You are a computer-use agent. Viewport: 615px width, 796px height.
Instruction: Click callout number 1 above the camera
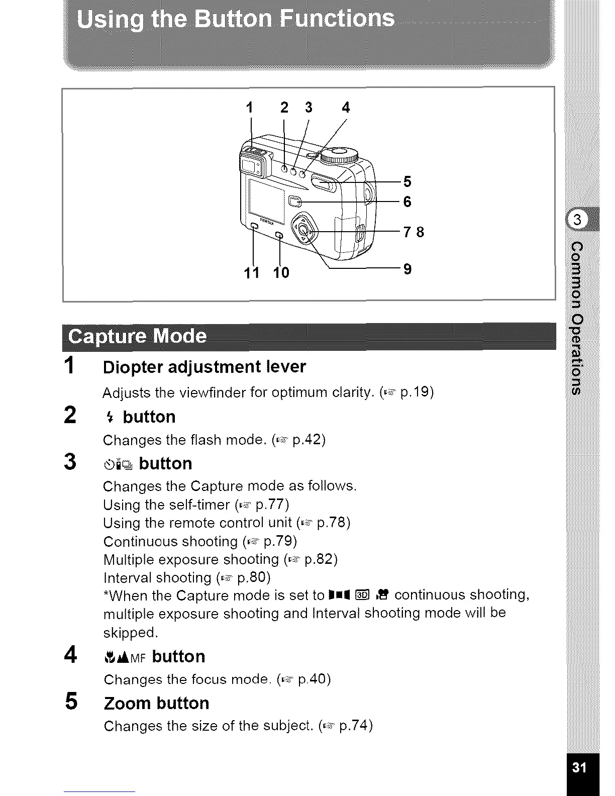click(x=250, y=108)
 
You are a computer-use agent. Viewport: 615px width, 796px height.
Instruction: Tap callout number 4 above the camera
click(x=346, y=108)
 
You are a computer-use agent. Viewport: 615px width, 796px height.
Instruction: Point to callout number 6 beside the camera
click(x=407, y=202)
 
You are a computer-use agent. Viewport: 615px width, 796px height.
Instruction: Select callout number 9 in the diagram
click(x=407, y=269)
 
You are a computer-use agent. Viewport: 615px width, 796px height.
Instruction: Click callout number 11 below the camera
click(x=252, y=272)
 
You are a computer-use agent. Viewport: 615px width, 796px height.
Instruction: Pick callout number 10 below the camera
click(x=281, y=272)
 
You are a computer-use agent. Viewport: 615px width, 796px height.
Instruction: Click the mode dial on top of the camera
click(x=339, y=154)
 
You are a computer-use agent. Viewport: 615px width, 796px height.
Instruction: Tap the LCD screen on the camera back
click(x=266, y=198)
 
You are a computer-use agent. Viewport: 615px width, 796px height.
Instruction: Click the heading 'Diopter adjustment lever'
click(x=204, y=367)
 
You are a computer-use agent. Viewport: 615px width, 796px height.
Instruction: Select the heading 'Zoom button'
click(x=156, y=703)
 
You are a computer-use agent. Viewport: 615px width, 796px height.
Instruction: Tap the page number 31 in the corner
click(x=580, y=767)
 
